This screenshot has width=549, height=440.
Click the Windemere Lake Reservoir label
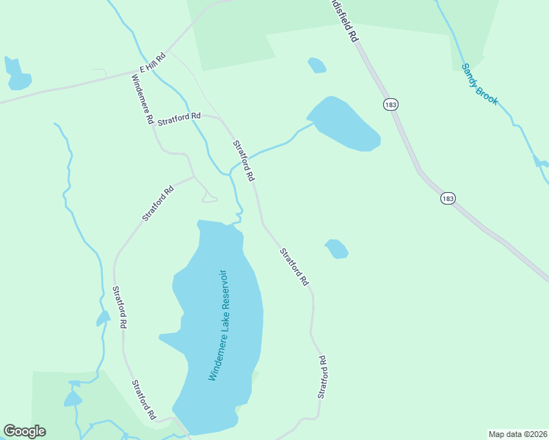219,326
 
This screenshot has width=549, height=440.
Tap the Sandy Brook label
479,84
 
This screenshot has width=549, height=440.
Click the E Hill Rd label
153,63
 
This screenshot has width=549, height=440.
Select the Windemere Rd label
142,100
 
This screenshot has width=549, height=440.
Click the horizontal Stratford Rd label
179,117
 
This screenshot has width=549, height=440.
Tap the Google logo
24,431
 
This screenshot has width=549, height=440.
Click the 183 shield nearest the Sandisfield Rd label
390,105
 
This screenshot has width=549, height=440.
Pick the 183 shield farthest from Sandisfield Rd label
448,198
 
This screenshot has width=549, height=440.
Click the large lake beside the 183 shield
343,123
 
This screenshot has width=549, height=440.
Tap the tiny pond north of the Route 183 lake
316,65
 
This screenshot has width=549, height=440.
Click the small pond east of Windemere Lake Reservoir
336,249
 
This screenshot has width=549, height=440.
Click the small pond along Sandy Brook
541,161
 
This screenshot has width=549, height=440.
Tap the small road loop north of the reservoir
208,197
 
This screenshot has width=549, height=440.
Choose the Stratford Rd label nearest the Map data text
321,377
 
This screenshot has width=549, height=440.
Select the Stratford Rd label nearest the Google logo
144,400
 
